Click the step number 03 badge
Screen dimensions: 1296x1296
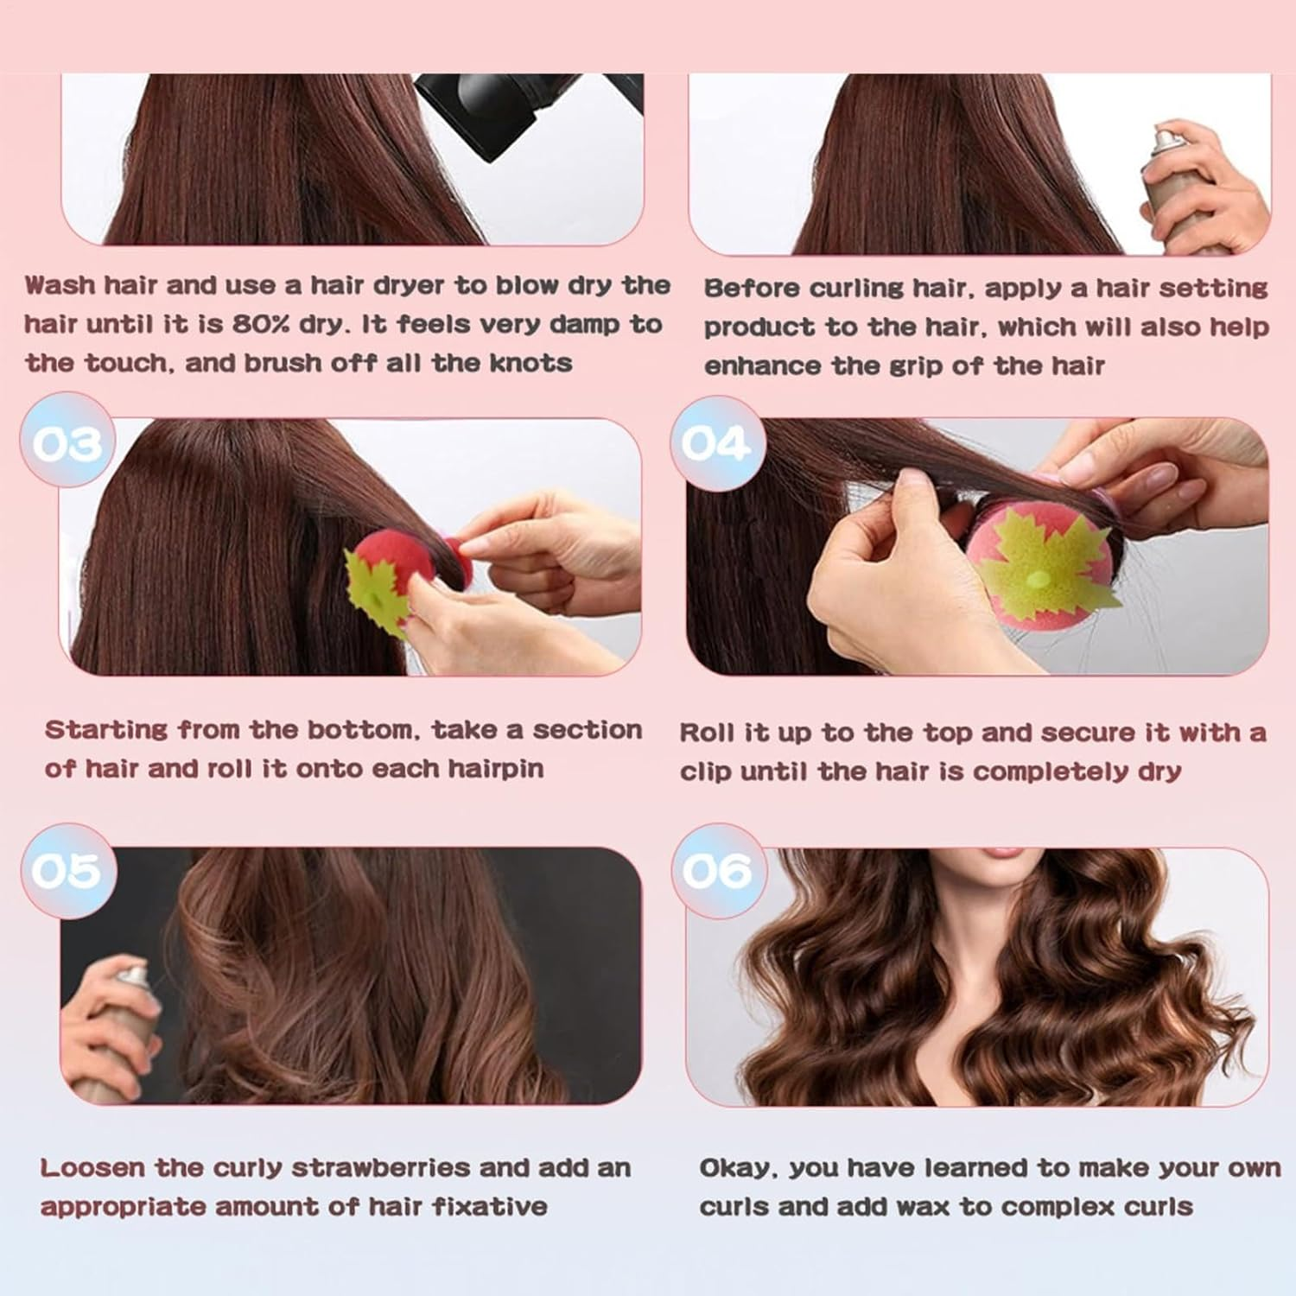[x=67, y=444]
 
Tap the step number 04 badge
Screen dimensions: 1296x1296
[x=715, y=444]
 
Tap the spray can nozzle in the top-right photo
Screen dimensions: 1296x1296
[x=1168, y=138]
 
